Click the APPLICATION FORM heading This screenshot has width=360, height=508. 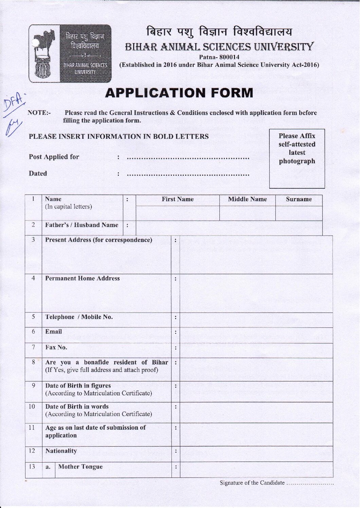pos(179,93)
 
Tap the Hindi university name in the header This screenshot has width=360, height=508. pos(219,32)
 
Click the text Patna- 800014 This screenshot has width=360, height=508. pos(219,57)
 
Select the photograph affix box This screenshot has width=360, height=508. pos(297,158)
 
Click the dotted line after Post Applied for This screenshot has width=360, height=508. pos(188,158)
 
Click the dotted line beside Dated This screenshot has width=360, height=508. pos(188,175)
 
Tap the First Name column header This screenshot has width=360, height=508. pos(177,200)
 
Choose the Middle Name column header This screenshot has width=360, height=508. pos(247,200)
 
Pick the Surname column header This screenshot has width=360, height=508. pos(299,200)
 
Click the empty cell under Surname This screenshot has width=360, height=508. pos(299,213)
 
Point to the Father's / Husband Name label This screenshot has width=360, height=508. pos(82,225)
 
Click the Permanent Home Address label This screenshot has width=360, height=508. pos(83,278)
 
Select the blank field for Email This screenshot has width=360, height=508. pos(256,335)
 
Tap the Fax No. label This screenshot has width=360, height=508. pos(56,347)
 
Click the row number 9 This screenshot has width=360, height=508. pos(33,385)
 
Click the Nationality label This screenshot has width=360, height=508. pos(61,451)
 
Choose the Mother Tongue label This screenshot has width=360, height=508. pos(80,467)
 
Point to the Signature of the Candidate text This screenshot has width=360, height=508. pos(252,483)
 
